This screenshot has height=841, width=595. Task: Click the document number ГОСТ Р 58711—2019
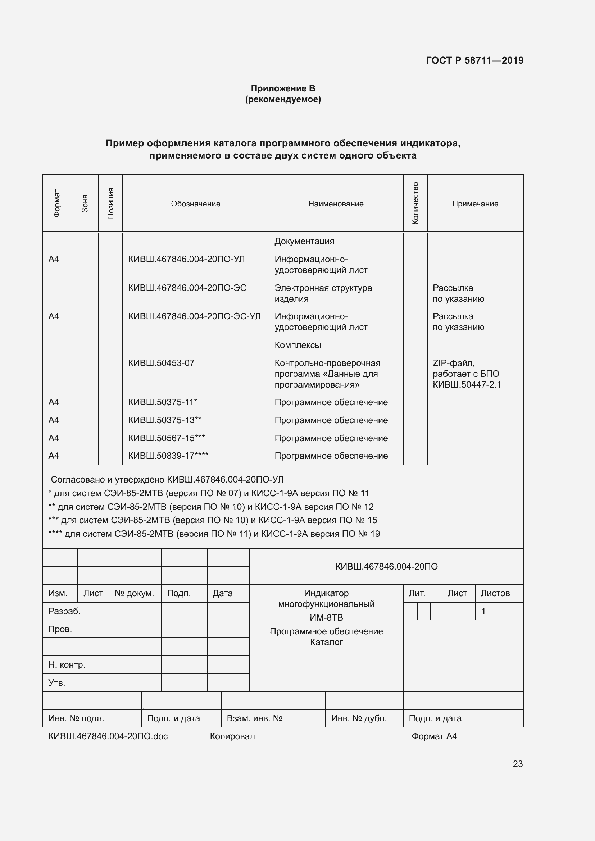pos(474,60)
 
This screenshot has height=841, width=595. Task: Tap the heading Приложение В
pos(283,88)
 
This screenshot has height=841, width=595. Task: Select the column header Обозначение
pos(196,204)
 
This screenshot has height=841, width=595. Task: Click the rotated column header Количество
pos(415,203)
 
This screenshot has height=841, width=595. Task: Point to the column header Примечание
pos(475,204)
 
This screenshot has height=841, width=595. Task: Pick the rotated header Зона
pos(85,203)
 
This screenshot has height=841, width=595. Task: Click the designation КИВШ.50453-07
pos(161,363)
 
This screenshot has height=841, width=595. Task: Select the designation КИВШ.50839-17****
pos(168,456)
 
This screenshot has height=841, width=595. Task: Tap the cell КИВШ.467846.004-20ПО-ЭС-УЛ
pos(194,316)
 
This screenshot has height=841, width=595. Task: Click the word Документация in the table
pos(304,241)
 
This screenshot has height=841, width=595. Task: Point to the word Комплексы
pos(297,345)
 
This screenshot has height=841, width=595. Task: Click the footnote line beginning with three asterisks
pos(213,520)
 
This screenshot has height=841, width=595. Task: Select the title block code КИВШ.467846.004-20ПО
pos(386,566)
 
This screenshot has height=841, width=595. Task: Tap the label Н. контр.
pos(67,665)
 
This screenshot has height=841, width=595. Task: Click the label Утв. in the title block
pos(57,683)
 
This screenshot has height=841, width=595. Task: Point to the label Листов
pos(495,593)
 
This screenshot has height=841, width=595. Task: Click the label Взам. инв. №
pos(254,718)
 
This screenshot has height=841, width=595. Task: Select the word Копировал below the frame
pos(232,736)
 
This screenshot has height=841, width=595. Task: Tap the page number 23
pos(517,764)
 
